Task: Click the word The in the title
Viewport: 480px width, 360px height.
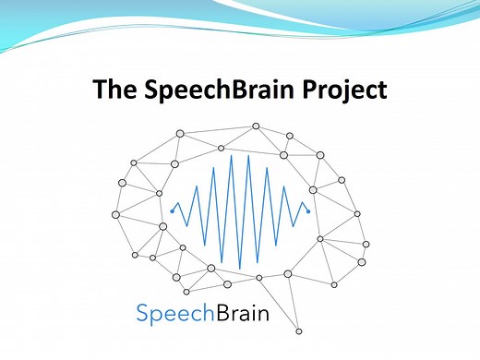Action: point(114,91)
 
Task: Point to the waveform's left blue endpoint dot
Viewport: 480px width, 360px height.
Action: point(172,211)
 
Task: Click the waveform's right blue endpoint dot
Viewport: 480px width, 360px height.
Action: point(308,211)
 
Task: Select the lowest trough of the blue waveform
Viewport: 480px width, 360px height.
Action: point(239,269)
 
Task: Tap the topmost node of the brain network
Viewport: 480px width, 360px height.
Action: point(256,126)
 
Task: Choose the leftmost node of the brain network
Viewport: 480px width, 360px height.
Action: point(115,214)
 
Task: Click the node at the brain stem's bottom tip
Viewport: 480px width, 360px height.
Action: point(299,331)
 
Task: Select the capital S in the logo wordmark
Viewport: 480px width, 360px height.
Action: point(142,314)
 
